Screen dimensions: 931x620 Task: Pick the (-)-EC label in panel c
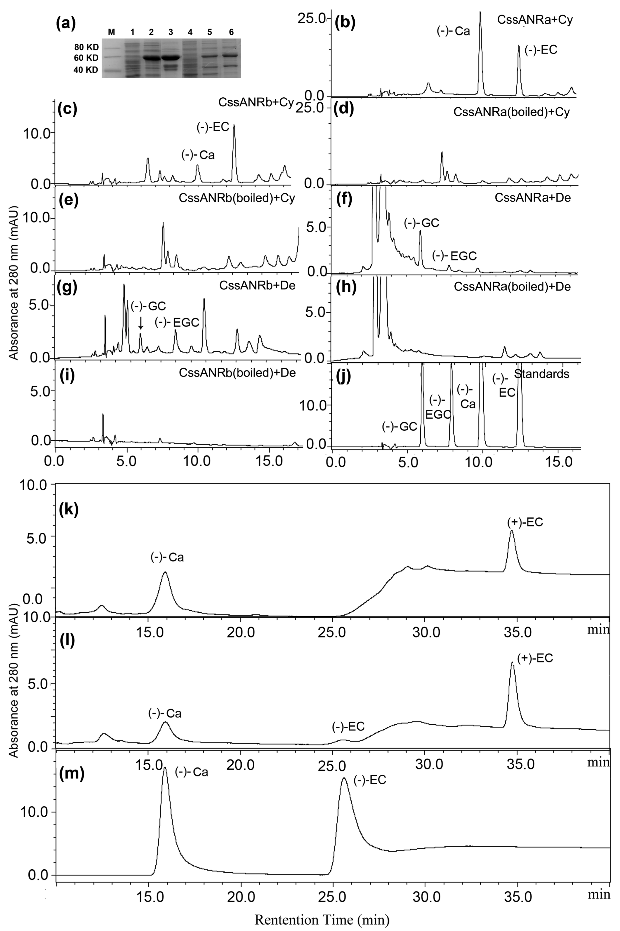213,127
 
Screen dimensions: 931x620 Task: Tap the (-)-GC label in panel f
421,223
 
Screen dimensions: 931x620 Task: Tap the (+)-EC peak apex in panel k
512,532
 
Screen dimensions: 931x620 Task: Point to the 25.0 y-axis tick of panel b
313,19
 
